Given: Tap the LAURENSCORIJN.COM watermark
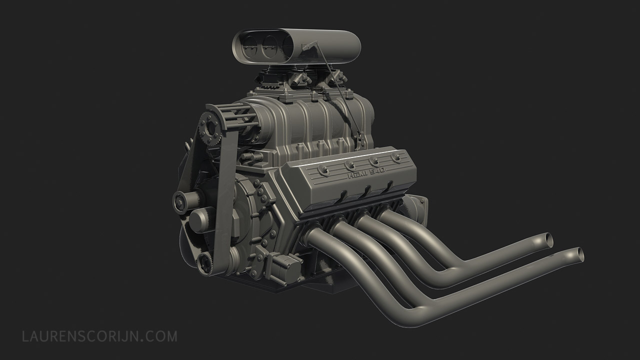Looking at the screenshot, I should [99, 336].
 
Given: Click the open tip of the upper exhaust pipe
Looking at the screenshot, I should [549, 240].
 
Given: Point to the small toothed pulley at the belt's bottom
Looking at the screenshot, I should [204, 264].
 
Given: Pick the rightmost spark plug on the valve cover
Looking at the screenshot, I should [396, 158].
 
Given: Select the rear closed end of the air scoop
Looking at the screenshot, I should [350, 47].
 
